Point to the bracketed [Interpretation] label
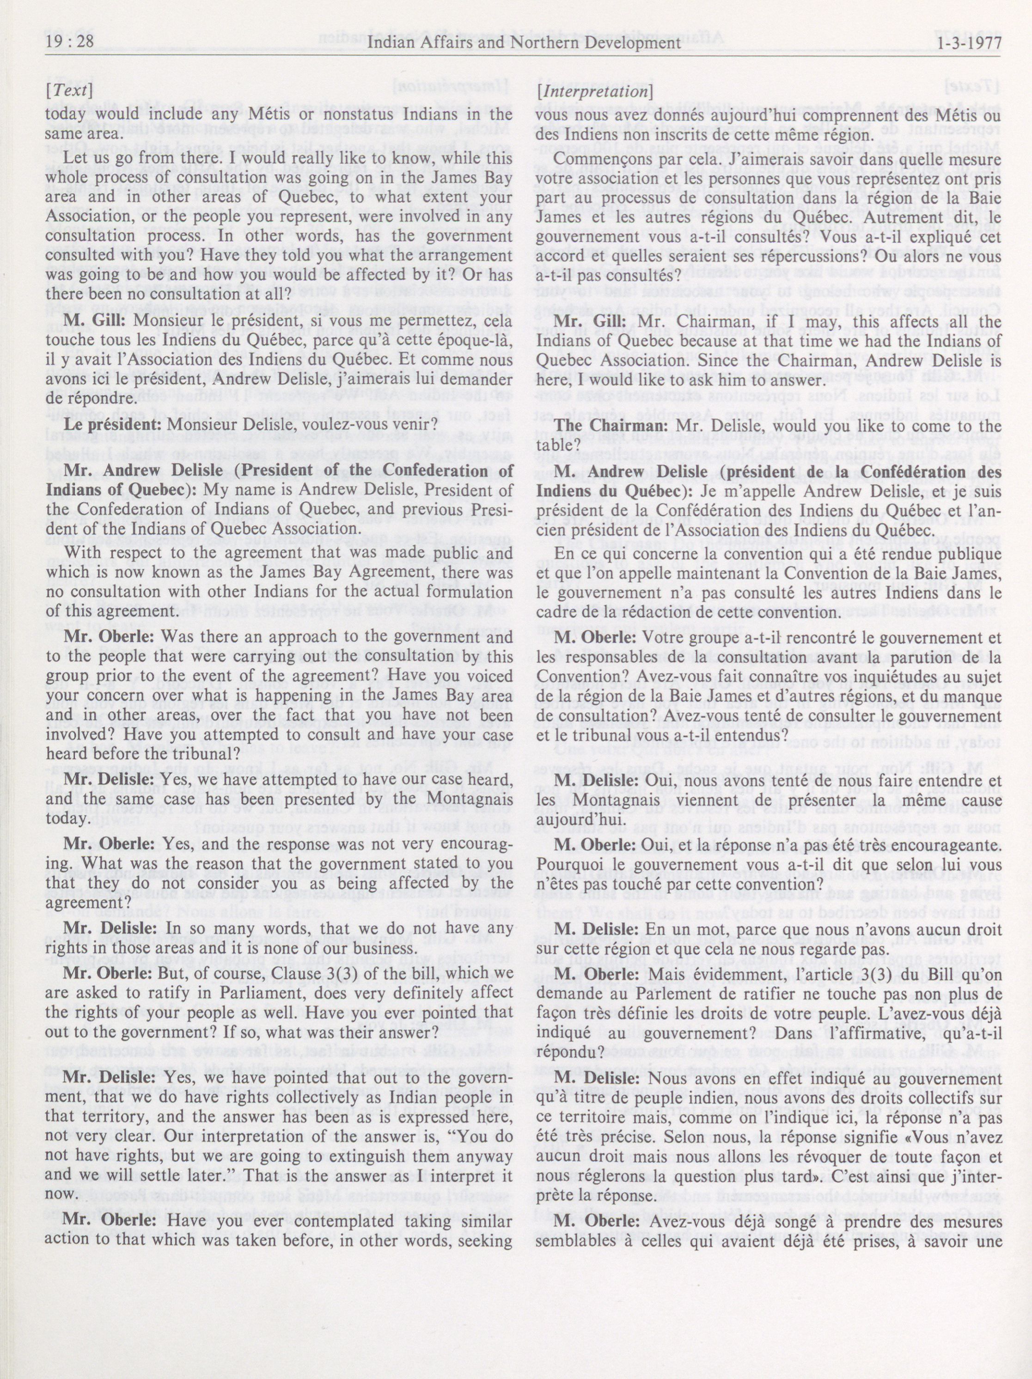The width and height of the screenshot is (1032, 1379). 594,91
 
